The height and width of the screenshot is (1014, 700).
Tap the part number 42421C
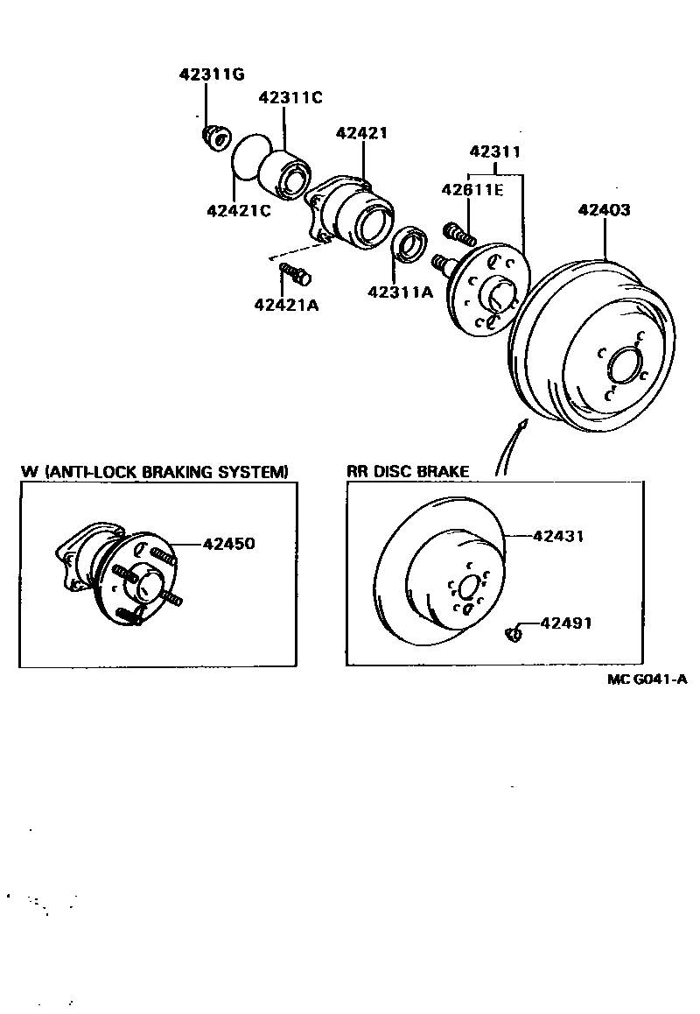click(x=237, y=210)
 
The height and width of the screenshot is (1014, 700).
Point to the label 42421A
click(x=286, y=305)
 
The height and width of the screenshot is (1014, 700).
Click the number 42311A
click(x=400, y=292)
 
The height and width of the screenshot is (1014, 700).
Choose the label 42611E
click(x=472, y=189)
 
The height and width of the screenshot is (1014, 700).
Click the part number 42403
click(x=604, y=210)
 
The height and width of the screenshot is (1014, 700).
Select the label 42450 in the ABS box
click(x=228, y=544)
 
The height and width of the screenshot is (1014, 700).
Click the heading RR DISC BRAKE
click(x=408, y=471)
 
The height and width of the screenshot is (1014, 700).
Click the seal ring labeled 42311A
click(x=407, y=244)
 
